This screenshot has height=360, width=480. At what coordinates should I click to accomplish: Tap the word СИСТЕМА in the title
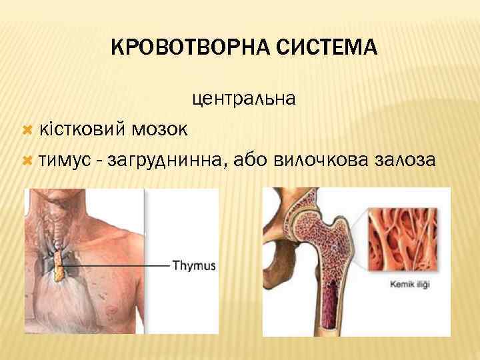pyautogui.click(x=333, y=49)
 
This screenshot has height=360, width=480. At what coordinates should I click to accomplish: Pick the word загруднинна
pyautogui.click(x=171, y=160)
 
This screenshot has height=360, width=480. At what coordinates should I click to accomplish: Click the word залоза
pyautogui.click(x=406, y=160)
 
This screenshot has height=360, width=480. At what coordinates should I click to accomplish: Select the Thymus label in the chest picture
pyautogui.click(x=194, y=265)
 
